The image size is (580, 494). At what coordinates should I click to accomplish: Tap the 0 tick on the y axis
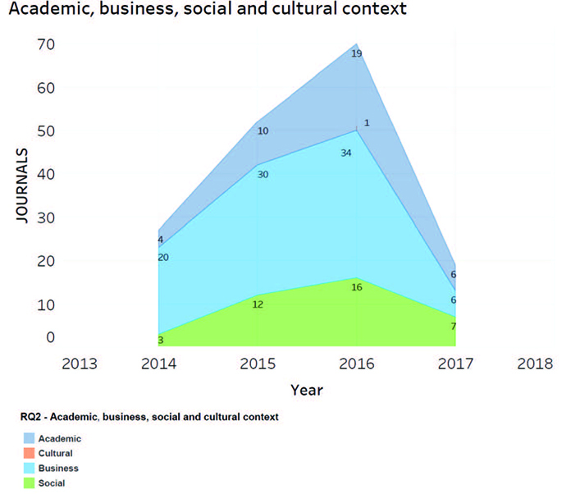coord(50,336)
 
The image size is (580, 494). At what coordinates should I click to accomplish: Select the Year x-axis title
coord(307,390)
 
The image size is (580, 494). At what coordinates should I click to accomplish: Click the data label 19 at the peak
coord(356,54)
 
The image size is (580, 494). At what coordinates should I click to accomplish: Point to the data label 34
coord(346,153)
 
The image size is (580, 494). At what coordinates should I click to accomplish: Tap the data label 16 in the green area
coord(356,287)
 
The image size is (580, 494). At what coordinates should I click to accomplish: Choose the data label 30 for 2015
coord(263,174)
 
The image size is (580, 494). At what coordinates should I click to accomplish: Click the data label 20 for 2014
coord(163,257)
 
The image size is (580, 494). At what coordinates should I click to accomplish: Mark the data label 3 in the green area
coord(161,339)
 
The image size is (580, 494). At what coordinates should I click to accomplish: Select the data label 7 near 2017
coord(453,327)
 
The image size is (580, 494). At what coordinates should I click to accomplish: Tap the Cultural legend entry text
coord(56,453)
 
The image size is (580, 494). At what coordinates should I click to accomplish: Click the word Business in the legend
coord(58,468)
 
